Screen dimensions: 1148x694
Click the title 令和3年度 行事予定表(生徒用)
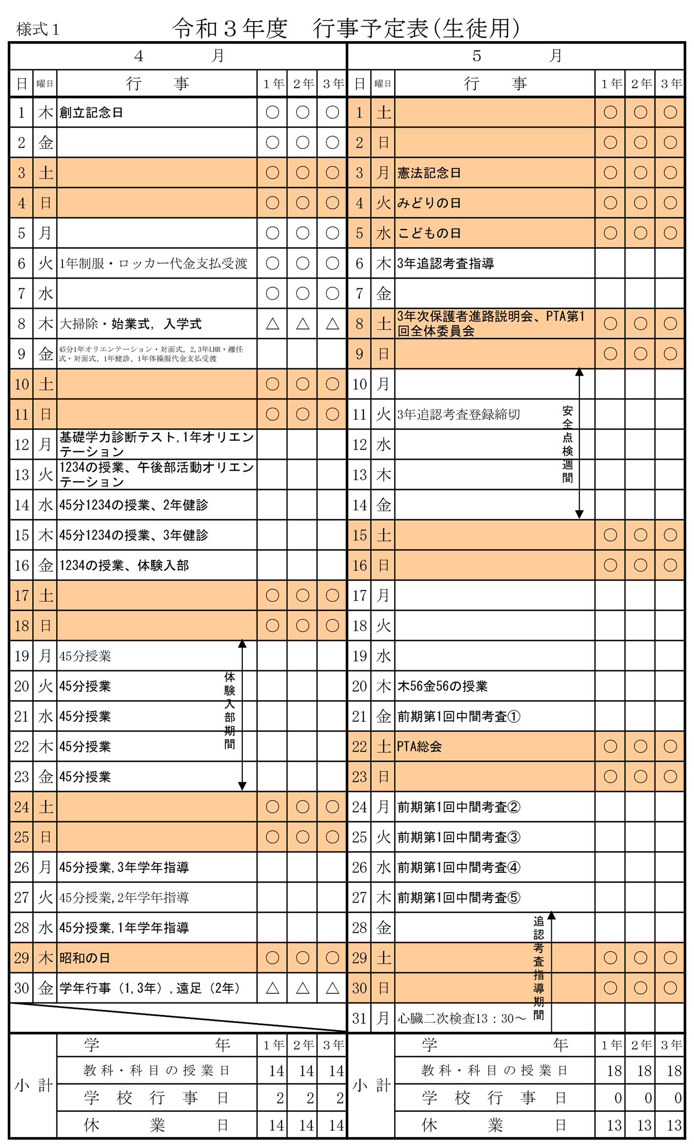click(346, 28)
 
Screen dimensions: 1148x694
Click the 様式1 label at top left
click(38, 30)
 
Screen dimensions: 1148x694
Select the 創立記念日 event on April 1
click(91, 113)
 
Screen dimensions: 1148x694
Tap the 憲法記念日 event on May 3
click(429, 173)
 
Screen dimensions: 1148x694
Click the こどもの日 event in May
click(429, 233)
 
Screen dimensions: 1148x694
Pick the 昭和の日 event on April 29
click(84, 958)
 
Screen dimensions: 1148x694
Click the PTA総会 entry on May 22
click(419, 746)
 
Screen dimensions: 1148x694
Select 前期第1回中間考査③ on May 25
click(459, 837)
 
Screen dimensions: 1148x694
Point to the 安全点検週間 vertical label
click(568, 444)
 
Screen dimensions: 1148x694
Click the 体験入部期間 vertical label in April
click(230, 710)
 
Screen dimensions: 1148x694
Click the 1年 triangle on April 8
click(272, 324)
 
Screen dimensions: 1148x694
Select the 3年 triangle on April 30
click(332, 988)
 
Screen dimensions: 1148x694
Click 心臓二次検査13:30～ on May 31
click(462, 1019)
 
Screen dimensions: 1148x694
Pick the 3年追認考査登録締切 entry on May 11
click(459, 415)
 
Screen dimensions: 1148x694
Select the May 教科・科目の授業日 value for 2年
click(644, 1071)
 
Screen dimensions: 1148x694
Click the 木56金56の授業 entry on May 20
click(442, 686)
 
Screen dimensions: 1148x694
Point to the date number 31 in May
click(359, 1019)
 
